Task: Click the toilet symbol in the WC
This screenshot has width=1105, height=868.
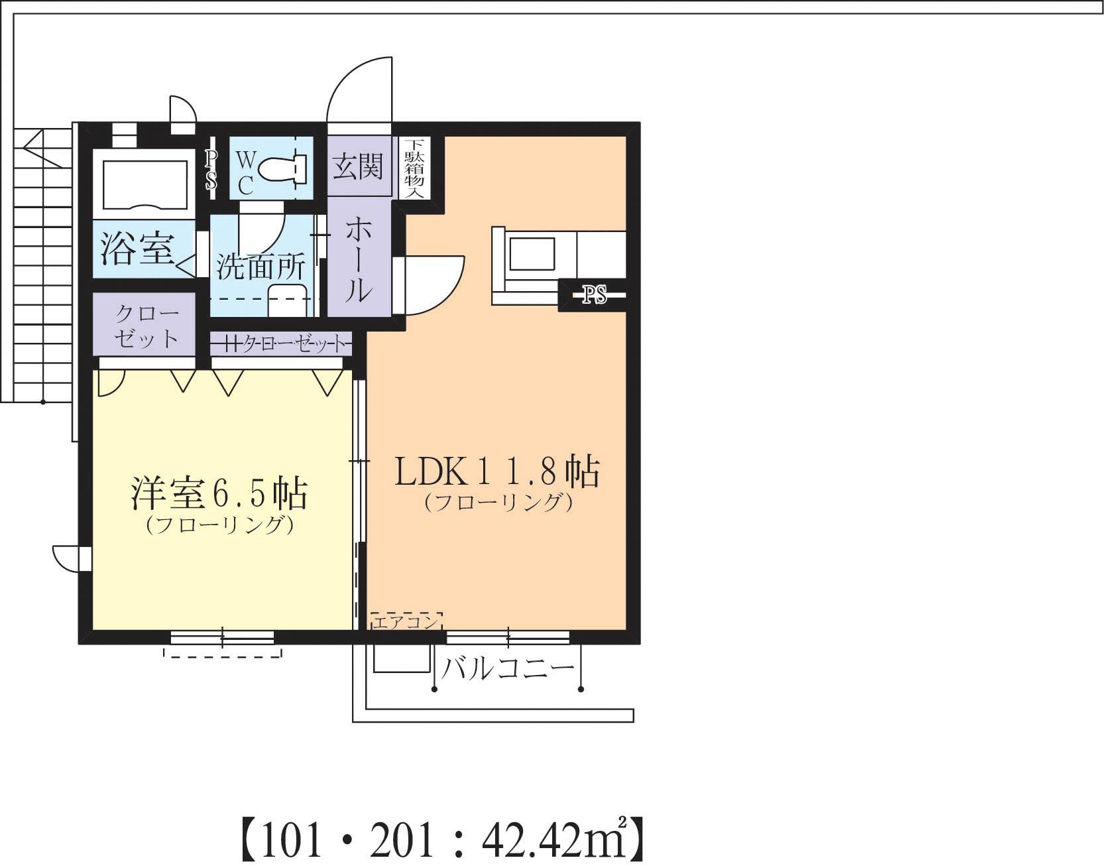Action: (281, 168)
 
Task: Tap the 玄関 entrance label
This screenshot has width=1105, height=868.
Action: (358, 166)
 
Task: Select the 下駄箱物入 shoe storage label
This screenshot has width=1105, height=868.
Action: (415, 168)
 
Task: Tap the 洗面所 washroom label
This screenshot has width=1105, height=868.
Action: (261, 267)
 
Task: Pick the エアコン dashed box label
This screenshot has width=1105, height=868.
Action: (406, 623)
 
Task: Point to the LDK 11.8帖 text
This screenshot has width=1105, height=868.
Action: (497, 472)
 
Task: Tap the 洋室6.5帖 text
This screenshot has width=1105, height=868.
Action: (219, 492)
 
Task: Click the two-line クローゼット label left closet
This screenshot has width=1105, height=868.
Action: (146, 326)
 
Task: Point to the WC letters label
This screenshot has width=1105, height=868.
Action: (245, 172)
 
